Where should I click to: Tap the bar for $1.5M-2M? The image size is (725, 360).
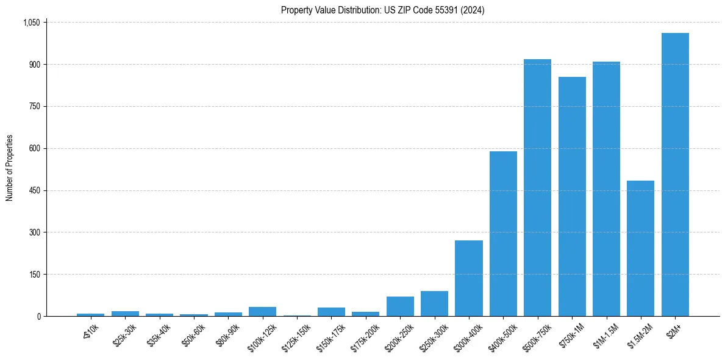pyautogui.click(x=640, y=248)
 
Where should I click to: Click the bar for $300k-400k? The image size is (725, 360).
pyautogui.click(x=468, y=278)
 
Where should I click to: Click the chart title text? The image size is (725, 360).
pyautogui.click(x=382, y=10)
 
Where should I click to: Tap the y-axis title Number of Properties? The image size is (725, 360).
pyautogui.click(x=10, y=168)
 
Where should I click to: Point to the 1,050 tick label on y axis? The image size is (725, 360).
pyautogui.click(x=30, y=23)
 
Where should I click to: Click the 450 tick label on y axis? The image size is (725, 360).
pyautogui.click(x=34, y=190)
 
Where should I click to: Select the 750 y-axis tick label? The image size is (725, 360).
pyautogui.click(x=34, y=107)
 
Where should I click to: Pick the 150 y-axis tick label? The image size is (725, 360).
pyautogui.click(x=34, y=275)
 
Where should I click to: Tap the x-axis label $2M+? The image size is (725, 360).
pyautogui.click(x=674, y=329)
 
